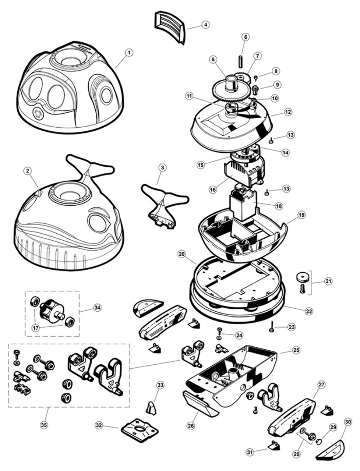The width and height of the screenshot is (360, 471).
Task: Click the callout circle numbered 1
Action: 128,53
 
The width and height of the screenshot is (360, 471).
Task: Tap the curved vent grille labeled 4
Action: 169,26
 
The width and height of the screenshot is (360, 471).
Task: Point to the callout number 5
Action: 212,59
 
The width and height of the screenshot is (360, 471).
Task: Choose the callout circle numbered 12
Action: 288,111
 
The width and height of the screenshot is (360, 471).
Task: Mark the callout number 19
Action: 301,215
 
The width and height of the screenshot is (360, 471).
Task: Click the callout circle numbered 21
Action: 328,281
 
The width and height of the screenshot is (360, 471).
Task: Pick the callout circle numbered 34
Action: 97,308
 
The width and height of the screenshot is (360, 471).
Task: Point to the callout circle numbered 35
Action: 44,425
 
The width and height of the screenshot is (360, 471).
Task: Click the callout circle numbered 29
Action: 333,427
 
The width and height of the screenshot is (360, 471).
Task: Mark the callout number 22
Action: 308,311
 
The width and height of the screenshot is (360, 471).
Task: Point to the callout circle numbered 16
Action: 213,190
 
